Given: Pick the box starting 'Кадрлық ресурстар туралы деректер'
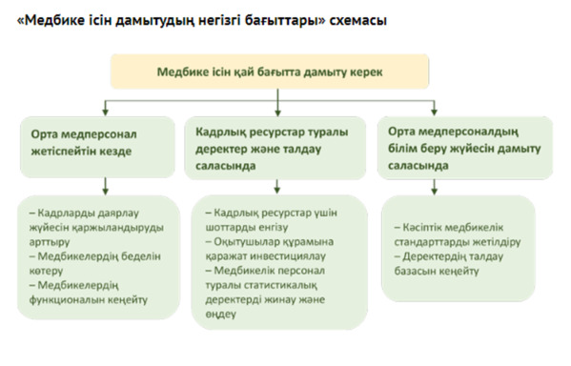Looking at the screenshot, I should click(276, 148).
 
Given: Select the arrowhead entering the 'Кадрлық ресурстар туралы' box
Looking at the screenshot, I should click(277, 110).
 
